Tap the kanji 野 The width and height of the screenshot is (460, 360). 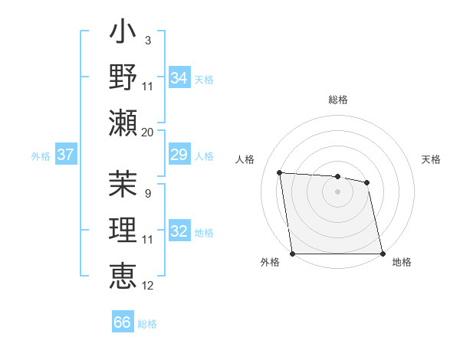click(123, 77)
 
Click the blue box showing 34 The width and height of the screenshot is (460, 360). click(179, 78)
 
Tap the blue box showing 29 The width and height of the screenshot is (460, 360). click(179, 155)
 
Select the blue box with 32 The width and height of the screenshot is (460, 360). click(179, 232)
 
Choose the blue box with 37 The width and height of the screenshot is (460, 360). click(65, 155)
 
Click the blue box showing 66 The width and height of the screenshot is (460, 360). click(122, 322)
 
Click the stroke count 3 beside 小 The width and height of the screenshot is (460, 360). click(147, 40)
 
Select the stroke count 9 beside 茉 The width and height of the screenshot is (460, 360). click(147, 193)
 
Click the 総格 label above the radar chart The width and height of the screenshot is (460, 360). click(337, 100)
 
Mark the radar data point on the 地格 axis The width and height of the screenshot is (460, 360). click(382, 254)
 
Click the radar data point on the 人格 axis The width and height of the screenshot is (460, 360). click(280, 172)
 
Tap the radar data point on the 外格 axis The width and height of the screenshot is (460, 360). click(293, 254)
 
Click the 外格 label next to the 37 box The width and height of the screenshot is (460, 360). click(41, 156)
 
